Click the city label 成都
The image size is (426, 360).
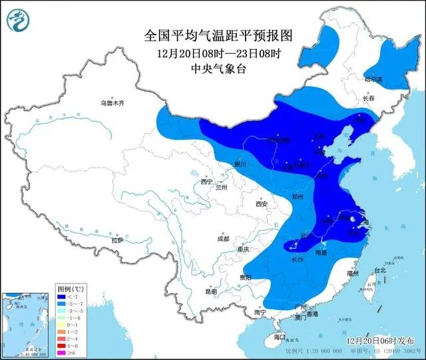point(222,238)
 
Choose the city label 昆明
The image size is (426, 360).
point(211,291)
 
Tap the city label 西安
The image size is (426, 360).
point(260,204)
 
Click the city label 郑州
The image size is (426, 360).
point(298,198)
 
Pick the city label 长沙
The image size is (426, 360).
point(298,260)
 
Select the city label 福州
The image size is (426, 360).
point(353,273)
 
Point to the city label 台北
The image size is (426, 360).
point(379,271)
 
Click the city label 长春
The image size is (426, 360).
point(369,98)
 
